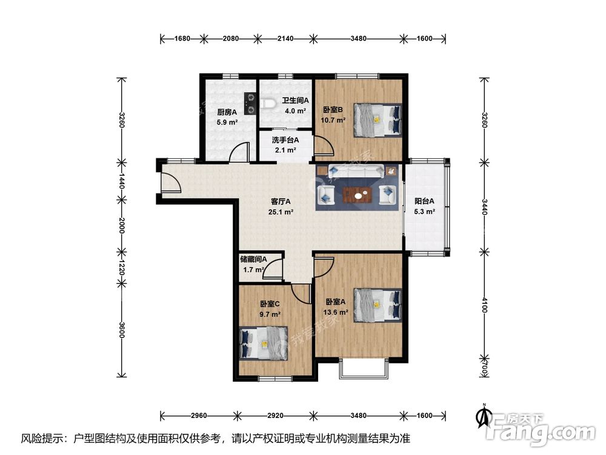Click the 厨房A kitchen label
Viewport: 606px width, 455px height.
point(227,112)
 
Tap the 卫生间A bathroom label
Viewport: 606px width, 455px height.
point(295,101)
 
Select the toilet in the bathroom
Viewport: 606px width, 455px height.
point(268,104)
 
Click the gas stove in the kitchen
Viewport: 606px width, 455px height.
point(250,104)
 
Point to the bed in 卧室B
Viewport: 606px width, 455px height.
point(378,120)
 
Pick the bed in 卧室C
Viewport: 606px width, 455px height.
point(264,343)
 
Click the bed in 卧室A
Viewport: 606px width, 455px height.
point(378,305)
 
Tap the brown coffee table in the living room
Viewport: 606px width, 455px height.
point(357,195)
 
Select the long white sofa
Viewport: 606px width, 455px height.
point(356,170)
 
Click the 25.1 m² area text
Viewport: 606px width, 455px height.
point(281,212)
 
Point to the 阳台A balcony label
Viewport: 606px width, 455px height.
point(424,201)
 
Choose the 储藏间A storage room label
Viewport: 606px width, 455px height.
point(253,259)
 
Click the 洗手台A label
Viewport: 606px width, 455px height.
point(285,140)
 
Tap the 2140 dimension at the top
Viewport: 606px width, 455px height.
point(285,38)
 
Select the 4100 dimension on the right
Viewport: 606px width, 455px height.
point(485,305)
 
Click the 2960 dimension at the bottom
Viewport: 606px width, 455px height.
point(199,416)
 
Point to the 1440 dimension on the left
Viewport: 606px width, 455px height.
point(122,181)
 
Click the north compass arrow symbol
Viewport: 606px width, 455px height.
point(483,416)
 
